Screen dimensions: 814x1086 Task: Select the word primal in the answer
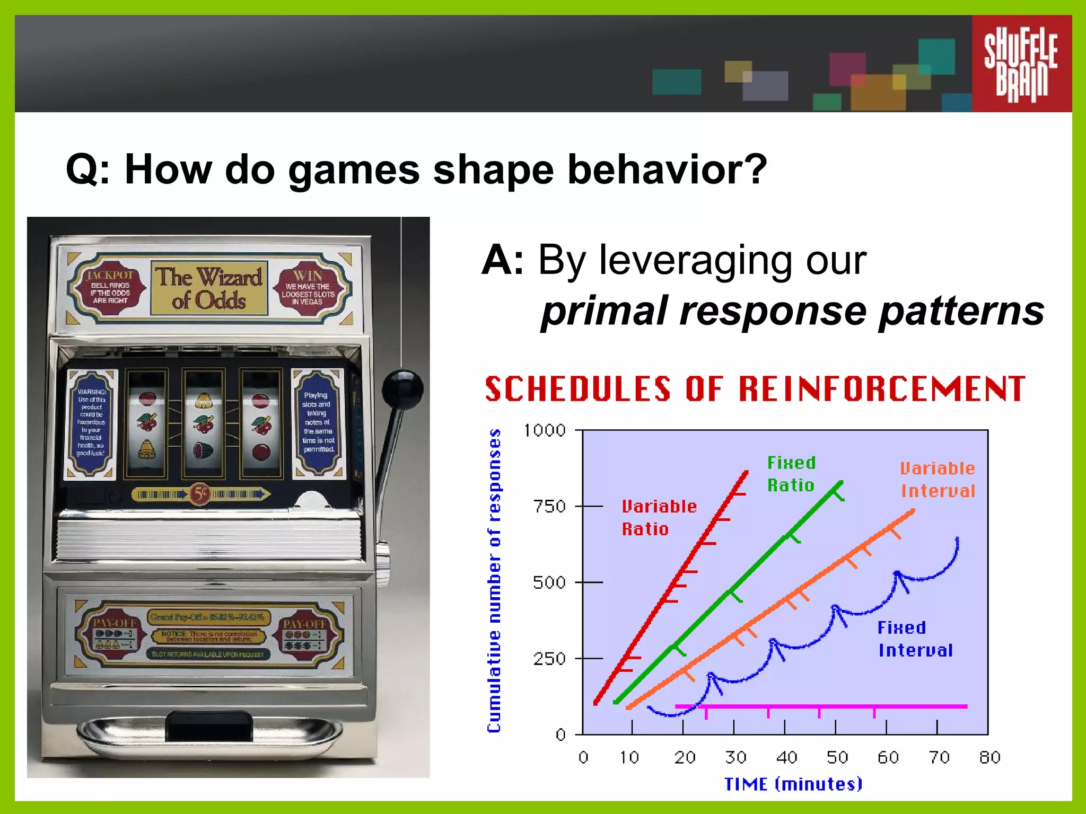[x=605, y=311]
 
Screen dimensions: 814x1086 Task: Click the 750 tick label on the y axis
[x=550, y=507]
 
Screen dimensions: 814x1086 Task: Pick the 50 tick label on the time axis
[x=837, y=757]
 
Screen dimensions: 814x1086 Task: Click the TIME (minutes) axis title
[x=793, y=784]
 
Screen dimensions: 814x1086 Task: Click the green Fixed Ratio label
[x=791, y=474]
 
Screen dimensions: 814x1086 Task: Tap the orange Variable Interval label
[x=938, y=480]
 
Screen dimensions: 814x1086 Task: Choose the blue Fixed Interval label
[x=914, y=639]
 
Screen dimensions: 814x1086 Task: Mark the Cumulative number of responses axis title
[x=494, y=581]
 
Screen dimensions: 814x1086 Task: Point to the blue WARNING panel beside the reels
[x=91, y=423]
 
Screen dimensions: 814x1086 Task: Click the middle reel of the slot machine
[x=204, y=424]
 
